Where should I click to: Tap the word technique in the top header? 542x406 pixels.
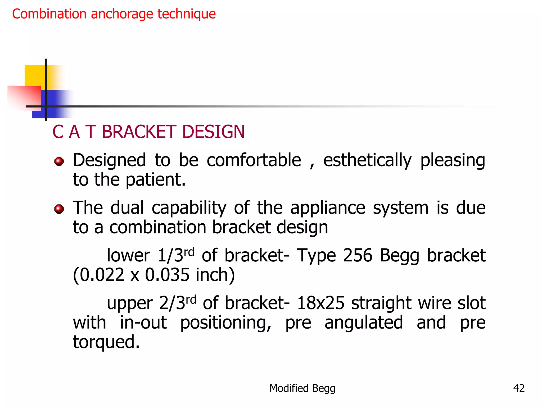coord(187,14)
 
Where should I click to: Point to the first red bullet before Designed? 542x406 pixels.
coord(59,161)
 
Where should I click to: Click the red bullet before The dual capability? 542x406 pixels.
coord(59,209)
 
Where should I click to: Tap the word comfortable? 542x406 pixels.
coord(254,160)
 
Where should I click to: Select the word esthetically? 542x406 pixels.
coord(367,161)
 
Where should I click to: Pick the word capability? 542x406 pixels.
coord(189,208)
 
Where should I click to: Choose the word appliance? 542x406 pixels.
coord(328,208)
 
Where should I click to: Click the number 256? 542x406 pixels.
coord(358,256)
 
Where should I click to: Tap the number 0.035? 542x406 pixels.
coord(167,275)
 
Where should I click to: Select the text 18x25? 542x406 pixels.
coord(320,303)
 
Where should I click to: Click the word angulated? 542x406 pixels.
coord(364,323)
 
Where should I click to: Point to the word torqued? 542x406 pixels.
coord(106,342)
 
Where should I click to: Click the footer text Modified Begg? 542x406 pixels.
coord(302,388)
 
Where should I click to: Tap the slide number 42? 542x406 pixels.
coord(519,388)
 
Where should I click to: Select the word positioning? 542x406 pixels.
coord(226,323)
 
